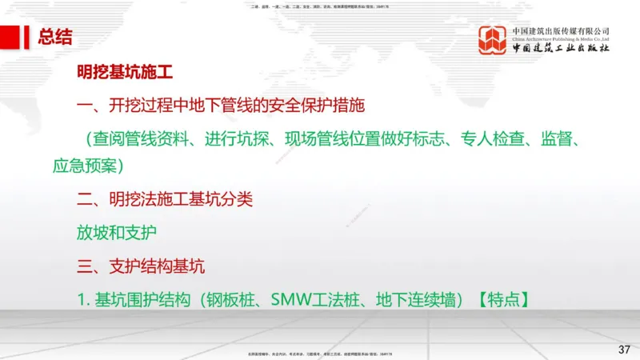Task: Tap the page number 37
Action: point(625,350)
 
